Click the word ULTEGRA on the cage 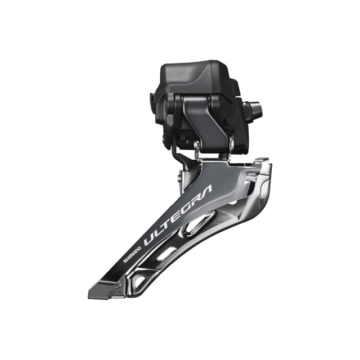pyautogui.click(x=177, y=217)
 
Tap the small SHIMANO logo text pyautogui.click(x=133, y=254)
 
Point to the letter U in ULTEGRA pyautogui.click(x=150, y=238)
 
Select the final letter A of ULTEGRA pyautogui.click(x=204, y=194)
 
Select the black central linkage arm pyautogui.click(x=200, y=121)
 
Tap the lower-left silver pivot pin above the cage pyautogui.click(x=196, y=147)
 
